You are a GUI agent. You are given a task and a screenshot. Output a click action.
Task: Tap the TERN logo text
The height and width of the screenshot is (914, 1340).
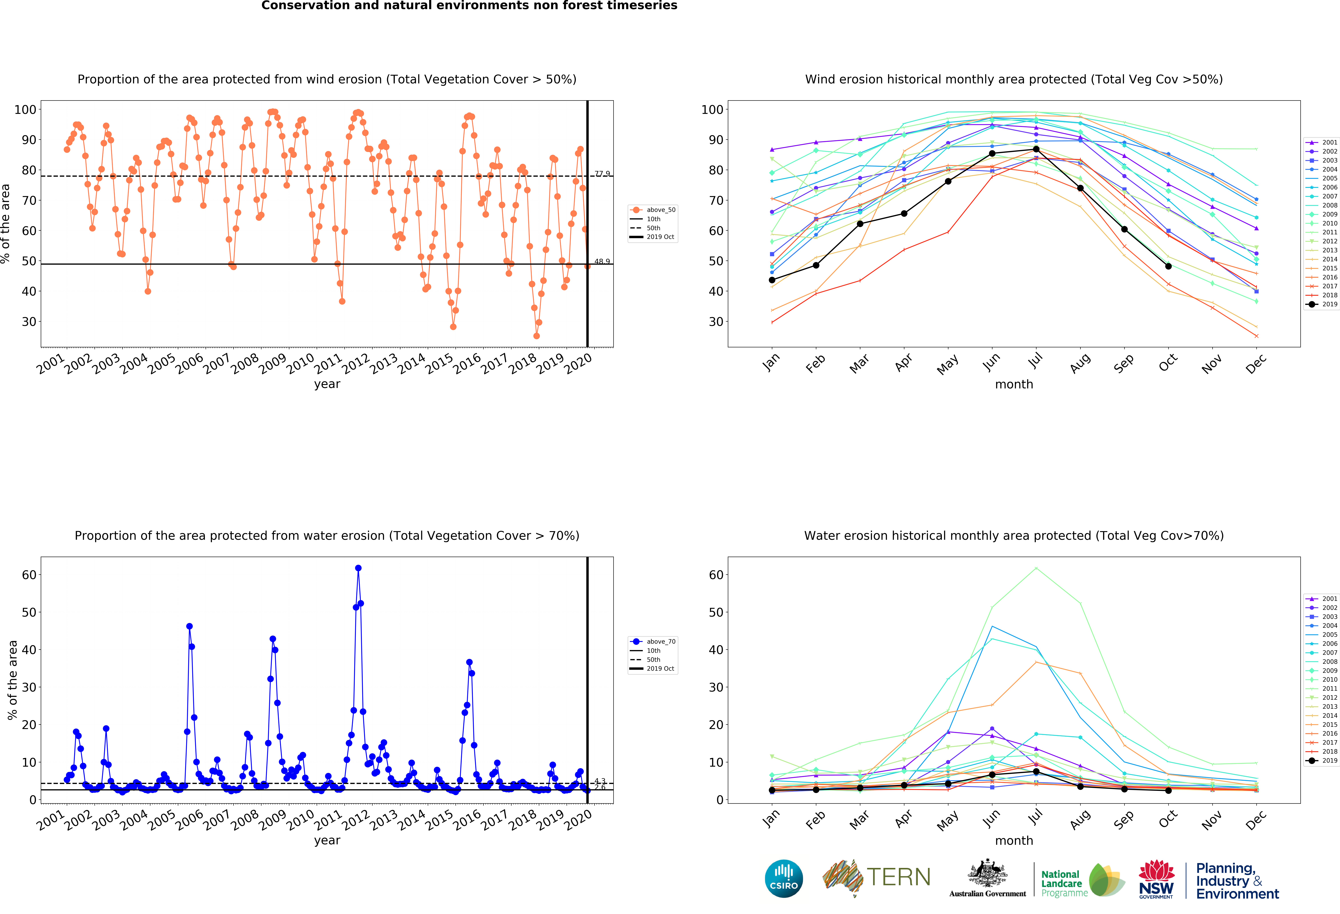click(898, 877)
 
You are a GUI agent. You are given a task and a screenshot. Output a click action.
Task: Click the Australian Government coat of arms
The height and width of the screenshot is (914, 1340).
click(988, 873)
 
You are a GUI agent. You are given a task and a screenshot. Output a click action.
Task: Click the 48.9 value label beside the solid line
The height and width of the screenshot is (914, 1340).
click(602, 261)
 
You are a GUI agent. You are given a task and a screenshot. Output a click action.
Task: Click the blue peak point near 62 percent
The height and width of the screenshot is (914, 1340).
click(358, 568)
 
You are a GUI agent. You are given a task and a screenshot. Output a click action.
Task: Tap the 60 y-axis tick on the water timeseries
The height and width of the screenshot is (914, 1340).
click(29, 575)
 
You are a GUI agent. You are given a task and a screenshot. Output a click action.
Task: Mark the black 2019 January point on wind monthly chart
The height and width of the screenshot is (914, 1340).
click(772, 280)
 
